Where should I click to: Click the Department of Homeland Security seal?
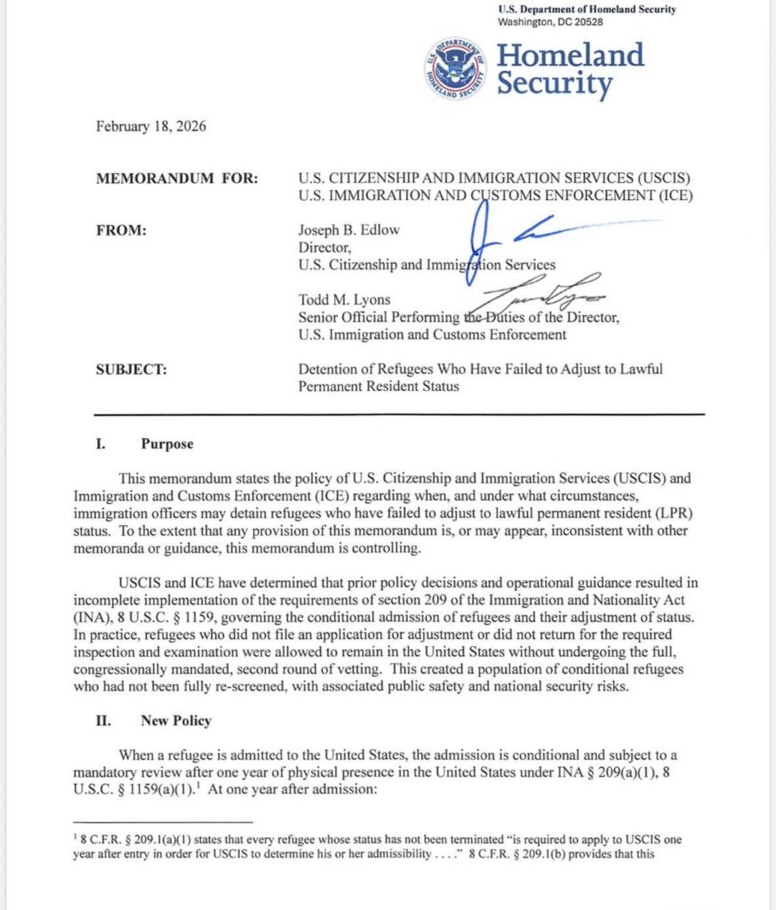(x=456, y=68)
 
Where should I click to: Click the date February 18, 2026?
(x=151, y=126)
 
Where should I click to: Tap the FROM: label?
(x=121, y=230)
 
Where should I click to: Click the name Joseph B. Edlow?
(x=348, y=230)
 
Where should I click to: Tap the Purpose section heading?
(x=166, y=444)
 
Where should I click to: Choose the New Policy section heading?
(x=175, y=721)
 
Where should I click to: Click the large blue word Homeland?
(x=570, y=55)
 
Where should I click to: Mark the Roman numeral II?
(x=102, y=721)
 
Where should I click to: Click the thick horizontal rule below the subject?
(x=399, y=415)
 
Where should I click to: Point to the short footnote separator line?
(x=162, y=822)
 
